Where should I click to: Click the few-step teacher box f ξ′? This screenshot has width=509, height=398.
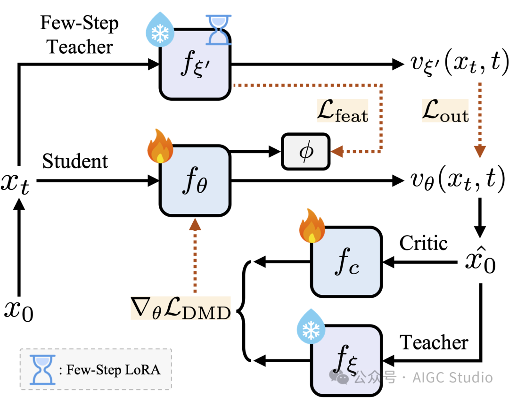coord(196,65)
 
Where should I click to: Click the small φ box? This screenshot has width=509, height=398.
coord(306,152)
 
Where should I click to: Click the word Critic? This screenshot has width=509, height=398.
coord(423,244)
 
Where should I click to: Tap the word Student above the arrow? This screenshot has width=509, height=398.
coord(75,162)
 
